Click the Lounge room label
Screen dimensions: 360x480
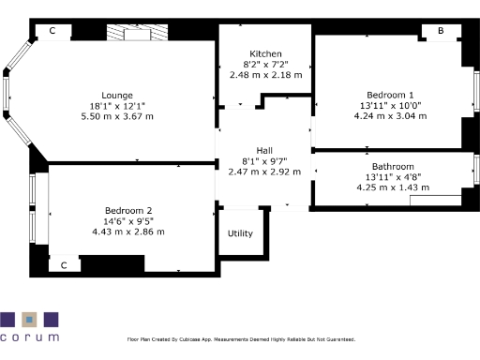(117, 95)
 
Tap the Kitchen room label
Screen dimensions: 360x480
(265, 53)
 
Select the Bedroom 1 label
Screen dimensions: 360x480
(391, 96)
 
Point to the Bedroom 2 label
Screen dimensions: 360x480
(128, 210)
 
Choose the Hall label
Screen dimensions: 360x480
(265, 151)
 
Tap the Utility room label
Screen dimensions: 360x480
(240, 233)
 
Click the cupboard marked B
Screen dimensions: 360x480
(440, 31)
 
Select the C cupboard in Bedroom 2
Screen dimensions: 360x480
(64, 265)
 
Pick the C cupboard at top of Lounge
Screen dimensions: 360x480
(52, 31)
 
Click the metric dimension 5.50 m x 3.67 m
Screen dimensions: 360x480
(117, 115)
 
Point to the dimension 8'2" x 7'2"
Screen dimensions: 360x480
(265, 64)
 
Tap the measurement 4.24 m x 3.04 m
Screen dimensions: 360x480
(391, 116)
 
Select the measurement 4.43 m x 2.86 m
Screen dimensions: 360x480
(128, 231)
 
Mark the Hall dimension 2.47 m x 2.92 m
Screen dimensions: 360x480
(265, 172)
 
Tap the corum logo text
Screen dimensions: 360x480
(29, 337)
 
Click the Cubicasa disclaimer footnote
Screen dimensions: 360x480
(240, 339)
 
